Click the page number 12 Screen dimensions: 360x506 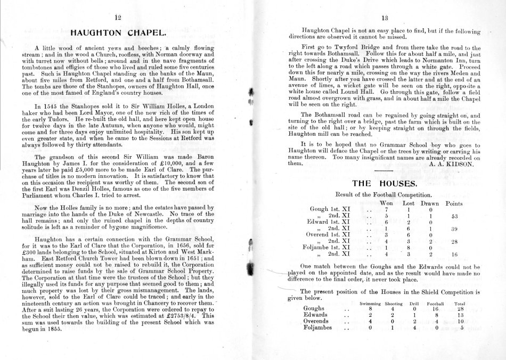[x=118, y=17]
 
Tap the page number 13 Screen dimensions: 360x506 [x=381, y=17]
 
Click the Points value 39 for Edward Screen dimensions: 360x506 [x=455, y=229]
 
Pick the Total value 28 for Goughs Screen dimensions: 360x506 [x=461, y=308]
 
